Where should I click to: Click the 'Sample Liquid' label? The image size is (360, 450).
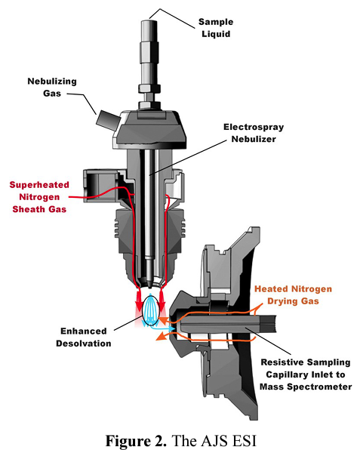coord(216,28)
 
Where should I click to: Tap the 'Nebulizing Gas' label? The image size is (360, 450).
coord(52,88)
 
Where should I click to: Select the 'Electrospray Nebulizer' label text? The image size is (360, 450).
coord(254,133)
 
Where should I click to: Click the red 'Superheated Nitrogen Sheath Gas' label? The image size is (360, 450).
coord(39,197)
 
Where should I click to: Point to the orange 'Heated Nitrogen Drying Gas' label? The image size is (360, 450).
coord(293,294)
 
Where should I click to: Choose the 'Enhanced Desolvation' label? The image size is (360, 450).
coord(84,337)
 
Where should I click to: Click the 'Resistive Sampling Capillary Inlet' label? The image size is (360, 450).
coord(306,368)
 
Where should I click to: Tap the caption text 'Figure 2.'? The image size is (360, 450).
coord(136,440)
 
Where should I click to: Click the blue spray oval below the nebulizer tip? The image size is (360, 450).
coord(150,310)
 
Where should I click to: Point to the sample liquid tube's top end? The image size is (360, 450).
coord(149,20)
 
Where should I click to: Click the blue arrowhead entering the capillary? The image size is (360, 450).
coord(173,328)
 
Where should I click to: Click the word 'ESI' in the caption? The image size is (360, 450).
coord(244,440)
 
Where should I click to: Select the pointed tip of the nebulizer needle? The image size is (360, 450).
coord(149,286)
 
